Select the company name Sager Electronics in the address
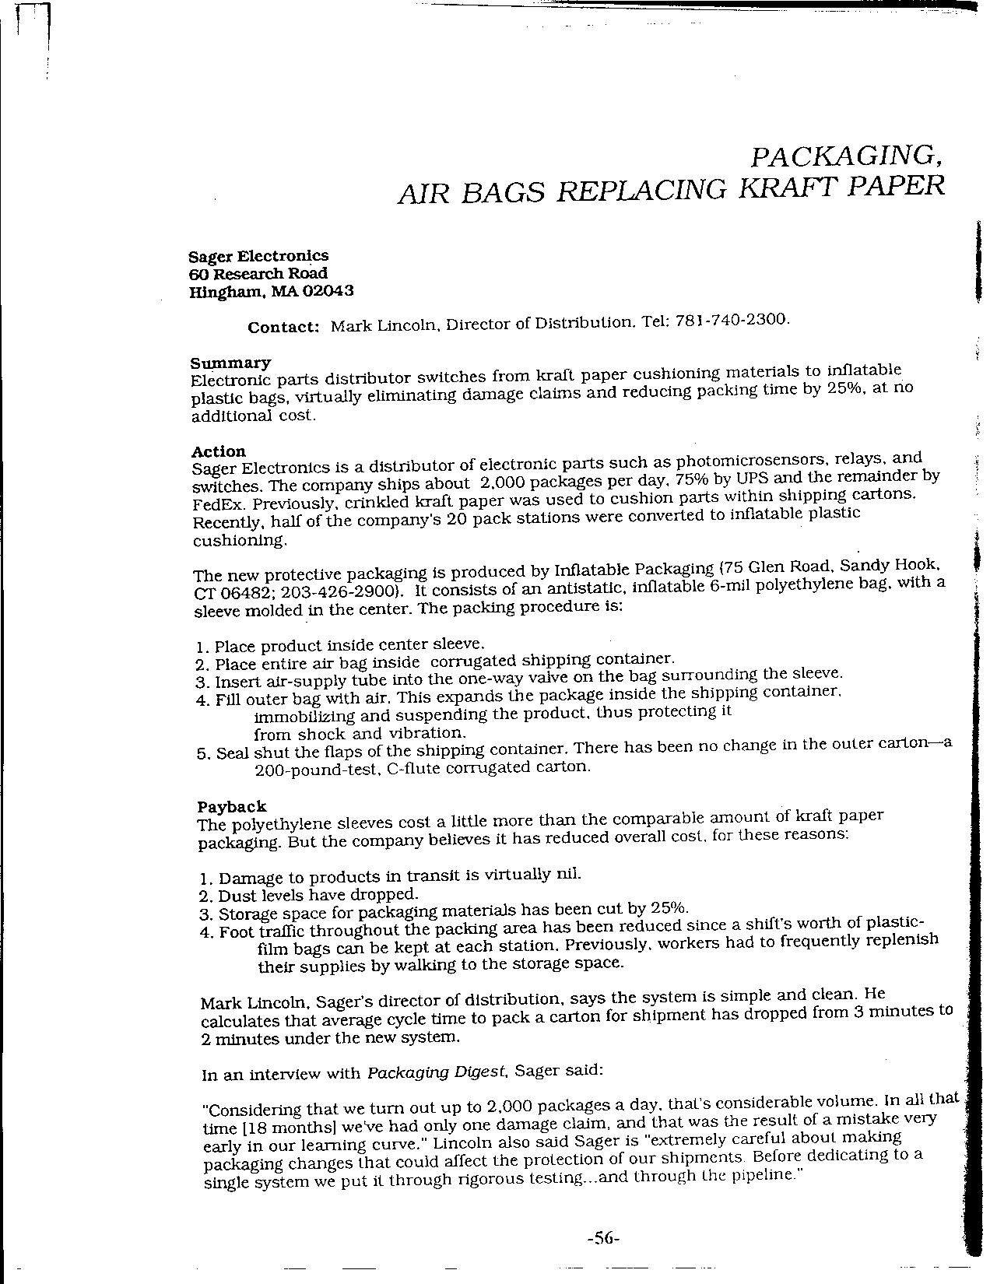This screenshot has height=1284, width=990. [x=258, y=256]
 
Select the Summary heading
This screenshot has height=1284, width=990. [x=230, y=363]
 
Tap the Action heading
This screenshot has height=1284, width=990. [x=218, y=451]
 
